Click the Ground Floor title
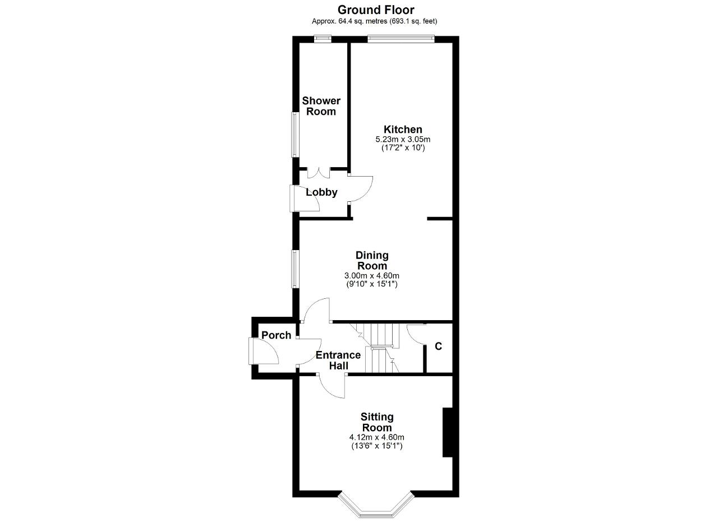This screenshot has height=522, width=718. (376, 10)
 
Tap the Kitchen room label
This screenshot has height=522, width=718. (403, 130)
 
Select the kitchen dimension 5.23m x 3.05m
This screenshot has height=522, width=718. (403, 140)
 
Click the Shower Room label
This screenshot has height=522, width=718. (321, 106)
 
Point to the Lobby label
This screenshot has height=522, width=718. (321, 192)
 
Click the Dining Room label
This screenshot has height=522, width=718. (372, 261)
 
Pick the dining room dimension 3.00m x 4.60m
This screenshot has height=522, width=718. (372, 276)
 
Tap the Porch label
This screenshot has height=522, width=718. (277, 335)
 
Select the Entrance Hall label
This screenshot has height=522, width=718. (338, 360)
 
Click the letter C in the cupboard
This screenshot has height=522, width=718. (438, 347)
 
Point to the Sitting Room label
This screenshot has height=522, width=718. (377, 422)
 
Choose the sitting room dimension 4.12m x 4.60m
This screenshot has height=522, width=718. (376, 437)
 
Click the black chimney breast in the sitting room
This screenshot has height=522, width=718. (448, 432)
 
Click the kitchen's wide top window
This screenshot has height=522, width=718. (401, 39)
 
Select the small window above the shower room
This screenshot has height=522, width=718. (323, 39)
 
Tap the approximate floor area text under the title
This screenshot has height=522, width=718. (374, 21)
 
